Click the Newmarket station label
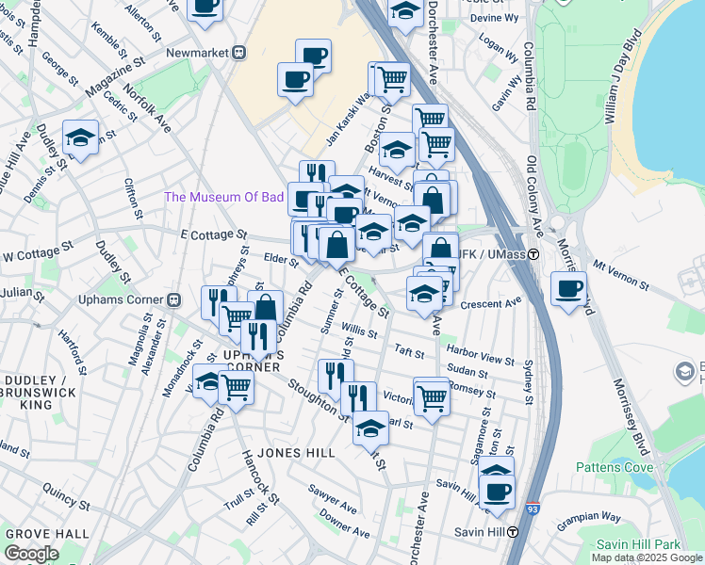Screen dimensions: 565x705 198,53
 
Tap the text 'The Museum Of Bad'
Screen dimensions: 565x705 224,197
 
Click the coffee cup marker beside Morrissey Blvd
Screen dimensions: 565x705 568,288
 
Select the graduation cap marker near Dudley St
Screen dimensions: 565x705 80,138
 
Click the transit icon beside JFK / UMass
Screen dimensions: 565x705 533,254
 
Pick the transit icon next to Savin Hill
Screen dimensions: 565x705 513,532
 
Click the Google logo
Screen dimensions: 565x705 31,554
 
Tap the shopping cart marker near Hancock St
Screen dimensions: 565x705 236,385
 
